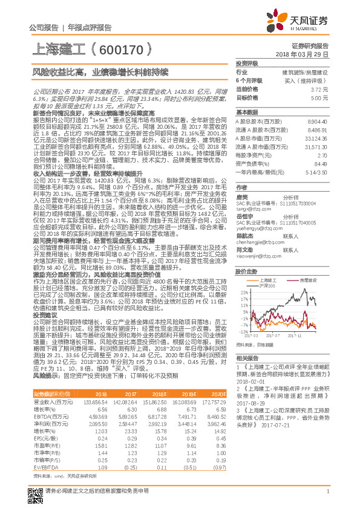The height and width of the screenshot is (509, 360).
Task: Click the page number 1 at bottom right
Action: point(327,490)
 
